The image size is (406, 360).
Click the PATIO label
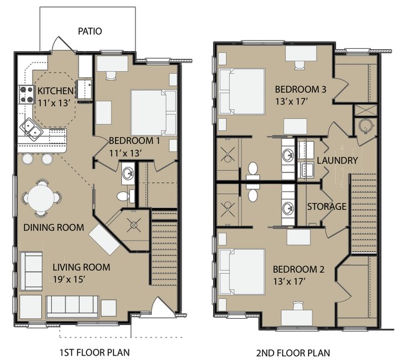coord(91,31)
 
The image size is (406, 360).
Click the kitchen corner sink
coord(31,129)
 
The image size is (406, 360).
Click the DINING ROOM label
coord(54,227)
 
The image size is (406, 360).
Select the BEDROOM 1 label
coord(134,141)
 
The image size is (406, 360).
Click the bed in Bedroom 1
coord(152,108)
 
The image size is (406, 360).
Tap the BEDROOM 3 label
coord(300,89)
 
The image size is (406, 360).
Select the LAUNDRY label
coord(337,161)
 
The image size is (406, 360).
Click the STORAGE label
coord(326,207)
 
